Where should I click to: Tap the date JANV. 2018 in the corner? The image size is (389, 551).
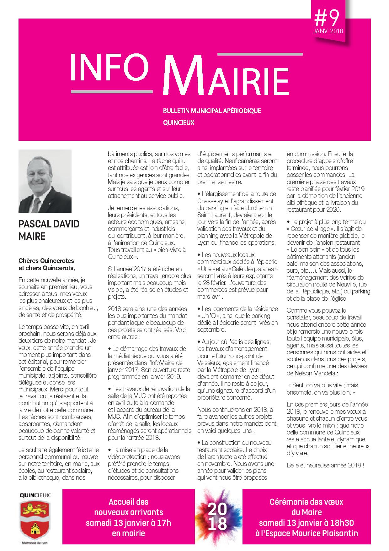(x=328, y=31)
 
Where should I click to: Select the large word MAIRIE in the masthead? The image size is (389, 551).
(x=226, y=75)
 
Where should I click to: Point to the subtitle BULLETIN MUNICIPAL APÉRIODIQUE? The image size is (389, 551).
(x=212, y=111)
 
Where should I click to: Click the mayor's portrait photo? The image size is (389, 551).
(x=45, y=181)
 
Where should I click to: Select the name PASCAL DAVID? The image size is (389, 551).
(x=49, y=224)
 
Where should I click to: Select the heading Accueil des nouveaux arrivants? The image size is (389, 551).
(x=129, y=507)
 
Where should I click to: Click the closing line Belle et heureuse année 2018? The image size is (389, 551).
(x=325, y=465)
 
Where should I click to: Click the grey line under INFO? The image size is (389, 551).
(x=112, y=92)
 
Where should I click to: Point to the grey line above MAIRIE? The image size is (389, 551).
(x=260, y=54)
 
